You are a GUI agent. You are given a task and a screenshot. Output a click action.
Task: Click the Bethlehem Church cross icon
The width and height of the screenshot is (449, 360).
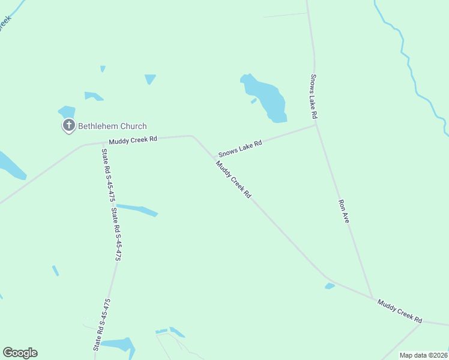(x=69, y=126)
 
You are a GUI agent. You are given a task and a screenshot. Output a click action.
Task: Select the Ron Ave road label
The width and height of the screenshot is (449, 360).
(x=344, y=212)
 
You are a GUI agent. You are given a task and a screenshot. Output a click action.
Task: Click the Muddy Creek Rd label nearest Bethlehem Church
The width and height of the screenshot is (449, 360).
(x=133, y=139)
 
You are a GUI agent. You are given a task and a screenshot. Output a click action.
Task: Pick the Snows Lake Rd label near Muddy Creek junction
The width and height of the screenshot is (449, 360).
(x=240, y=149)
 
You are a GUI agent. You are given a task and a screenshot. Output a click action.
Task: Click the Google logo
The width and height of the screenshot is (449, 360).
(x=20, y=353)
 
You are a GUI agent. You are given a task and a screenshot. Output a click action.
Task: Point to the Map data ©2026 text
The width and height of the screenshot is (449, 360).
(x=424, y=355)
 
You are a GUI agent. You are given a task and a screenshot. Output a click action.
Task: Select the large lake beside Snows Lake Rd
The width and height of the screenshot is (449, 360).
(x=264, y=97)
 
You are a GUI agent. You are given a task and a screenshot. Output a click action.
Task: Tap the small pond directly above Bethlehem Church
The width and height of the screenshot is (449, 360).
(x=67, y=112)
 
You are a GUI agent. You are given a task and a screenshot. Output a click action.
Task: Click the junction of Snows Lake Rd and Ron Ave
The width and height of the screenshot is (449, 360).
(x=315, y=125)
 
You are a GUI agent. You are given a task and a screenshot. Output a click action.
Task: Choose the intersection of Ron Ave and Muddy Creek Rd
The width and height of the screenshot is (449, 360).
(x=372, y=298)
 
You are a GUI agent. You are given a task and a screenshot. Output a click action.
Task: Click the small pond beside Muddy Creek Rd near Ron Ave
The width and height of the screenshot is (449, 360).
(x=330, y=286)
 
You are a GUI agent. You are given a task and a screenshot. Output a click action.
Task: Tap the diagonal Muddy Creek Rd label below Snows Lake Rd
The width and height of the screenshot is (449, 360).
(x=234, y=181)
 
